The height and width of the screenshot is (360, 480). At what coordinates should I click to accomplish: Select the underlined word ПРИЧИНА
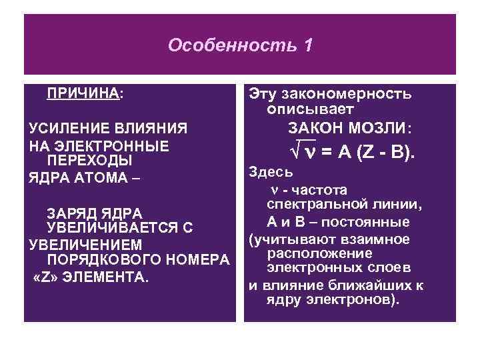tap(83, 93)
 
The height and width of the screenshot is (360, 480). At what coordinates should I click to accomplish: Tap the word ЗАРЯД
tap(73, 213)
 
